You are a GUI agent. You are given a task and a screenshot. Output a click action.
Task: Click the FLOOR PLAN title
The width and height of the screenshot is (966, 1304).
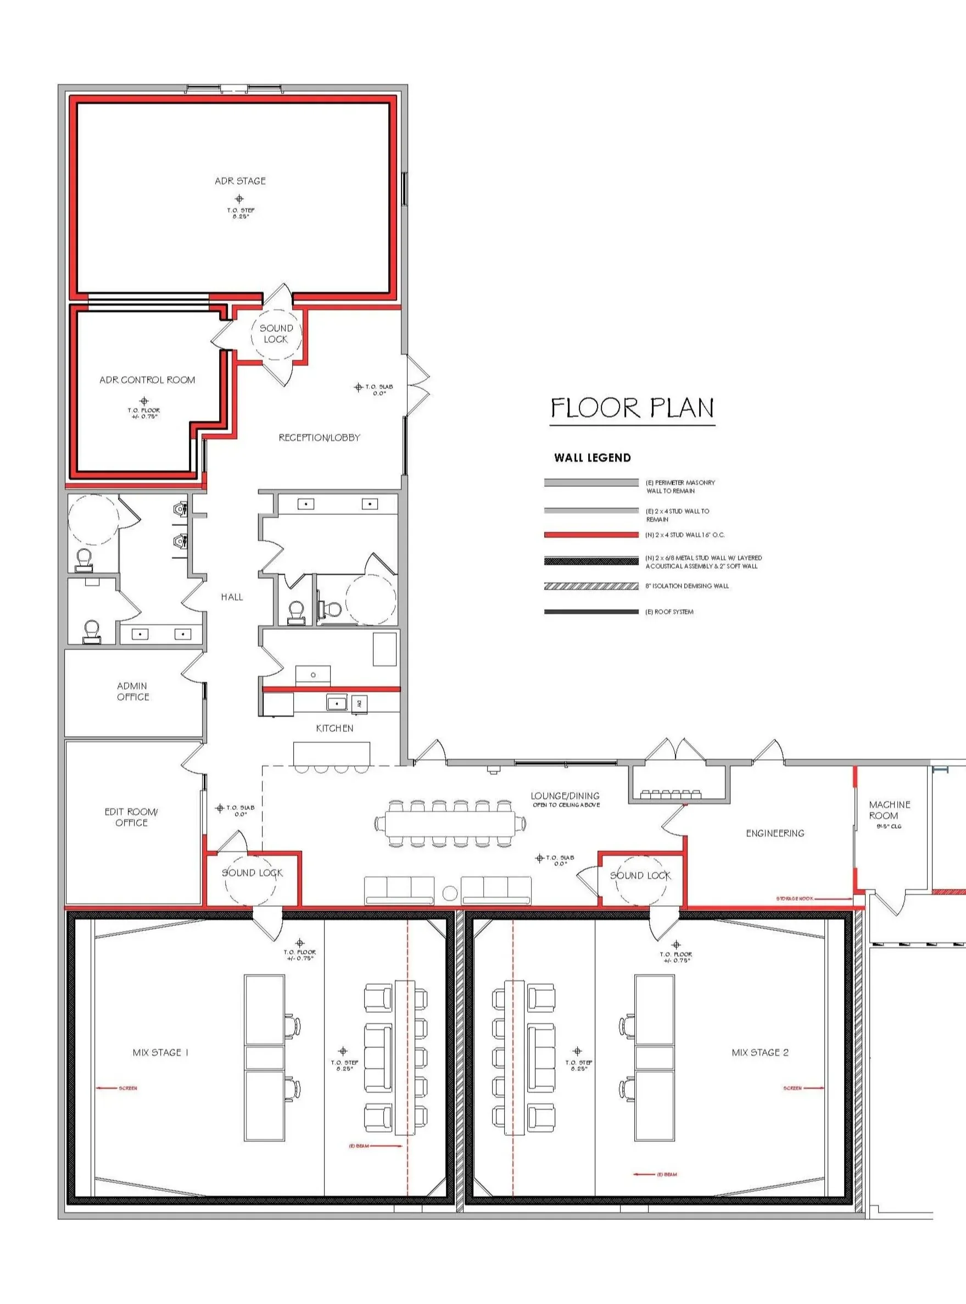(x=632, y=408)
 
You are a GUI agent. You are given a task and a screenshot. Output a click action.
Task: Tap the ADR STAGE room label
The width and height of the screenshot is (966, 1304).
(x=240, y=181)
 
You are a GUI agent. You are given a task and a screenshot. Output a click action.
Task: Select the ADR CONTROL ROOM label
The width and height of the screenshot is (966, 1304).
(x=147, y=380)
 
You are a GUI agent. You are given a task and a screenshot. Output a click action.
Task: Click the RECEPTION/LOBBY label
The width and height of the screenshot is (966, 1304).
(x=319, y=437)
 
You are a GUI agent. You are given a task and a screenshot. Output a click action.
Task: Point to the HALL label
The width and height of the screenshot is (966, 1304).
(x=232, y=597)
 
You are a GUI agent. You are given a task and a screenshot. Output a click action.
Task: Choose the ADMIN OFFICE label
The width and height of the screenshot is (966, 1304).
(x=133, y=691)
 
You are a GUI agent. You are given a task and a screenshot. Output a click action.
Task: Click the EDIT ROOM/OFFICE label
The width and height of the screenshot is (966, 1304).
(x=131, y=817)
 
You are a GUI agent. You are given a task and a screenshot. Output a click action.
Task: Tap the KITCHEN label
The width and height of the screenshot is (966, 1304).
(x=334, y=728)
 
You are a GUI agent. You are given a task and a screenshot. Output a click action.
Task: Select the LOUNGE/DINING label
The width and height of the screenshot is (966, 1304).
(x=565, y=796)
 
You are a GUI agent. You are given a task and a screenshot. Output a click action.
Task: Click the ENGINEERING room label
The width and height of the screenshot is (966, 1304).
(x=775, y=833)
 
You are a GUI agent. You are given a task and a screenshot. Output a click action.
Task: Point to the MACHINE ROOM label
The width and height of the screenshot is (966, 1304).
(x=889, y=809)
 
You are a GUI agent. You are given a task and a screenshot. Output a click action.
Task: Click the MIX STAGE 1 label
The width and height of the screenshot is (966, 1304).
(x=160, y=1052)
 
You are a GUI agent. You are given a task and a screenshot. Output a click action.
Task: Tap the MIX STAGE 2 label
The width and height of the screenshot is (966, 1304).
(x=760, y=1052)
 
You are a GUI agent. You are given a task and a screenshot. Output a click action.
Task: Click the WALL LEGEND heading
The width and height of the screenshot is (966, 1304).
(x=593, y=458)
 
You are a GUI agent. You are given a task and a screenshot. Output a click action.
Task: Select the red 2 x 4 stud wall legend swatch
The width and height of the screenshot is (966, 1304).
(x=590, y=535)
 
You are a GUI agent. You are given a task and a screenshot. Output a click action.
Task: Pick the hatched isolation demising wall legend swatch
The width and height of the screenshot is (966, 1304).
(x=590, y=586)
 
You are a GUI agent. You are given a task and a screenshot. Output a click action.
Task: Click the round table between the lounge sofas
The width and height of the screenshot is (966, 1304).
(x=450, y=894)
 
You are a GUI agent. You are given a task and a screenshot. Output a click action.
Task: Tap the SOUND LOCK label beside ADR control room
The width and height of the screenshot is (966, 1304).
(x=276, y=334)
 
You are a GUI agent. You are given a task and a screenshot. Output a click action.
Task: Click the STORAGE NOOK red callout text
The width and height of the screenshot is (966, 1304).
(x=794, y=898)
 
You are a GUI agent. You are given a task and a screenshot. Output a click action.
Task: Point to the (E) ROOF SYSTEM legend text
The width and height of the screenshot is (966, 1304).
(x=669, y=612)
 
